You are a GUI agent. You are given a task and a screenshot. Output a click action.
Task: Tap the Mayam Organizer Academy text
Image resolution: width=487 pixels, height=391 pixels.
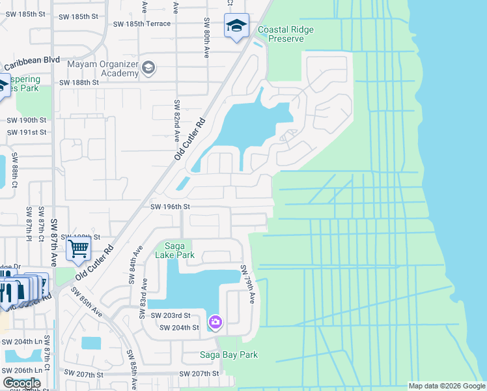pos(102,68)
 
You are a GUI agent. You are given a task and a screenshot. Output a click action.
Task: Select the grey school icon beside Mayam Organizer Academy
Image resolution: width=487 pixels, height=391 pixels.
pos(149,68)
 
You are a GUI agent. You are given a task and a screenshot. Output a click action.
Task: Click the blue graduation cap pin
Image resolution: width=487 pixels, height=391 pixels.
pos(235,26)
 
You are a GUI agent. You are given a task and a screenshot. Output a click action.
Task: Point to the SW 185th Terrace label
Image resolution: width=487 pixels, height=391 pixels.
pos(142,23)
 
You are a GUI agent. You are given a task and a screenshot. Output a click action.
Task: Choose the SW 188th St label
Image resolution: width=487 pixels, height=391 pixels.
pos(79,83)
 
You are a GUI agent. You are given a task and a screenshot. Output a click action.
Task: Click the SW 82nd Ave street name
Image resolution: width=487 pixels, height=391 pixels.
pos(176,121)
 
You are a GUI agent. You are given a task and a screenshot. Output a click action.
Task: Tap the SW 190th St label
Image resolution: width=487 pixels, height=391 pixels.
pos(27,121)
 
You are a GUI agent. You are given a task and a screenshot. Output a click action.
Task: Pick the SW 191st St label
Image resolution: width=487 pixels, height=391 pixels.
pos(27,132)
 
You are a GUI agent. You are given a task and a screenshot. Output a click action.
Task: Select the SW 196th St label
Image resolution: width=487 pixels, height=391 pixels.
pos(170,207)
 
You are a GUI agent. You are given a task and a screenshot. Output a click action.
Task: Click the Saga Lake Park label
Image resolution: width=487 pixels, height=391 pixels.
pos(174,250)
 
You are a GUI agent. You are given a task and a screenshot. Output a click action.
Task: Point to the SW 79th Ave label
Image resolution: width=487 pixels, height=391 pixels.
pos(247,284)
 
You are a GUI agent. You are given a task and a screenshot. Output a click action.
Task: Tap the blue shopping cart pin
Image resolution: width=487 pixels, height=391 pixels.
pos(78,248)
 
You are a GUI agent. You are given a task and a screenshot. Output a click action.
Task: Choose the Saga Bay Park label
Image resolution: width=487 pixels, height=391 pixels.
pos(229,355)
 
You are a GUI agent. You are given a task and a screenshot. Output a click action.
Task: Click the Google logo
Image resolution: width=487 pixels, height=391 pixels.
pos(21,383)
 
